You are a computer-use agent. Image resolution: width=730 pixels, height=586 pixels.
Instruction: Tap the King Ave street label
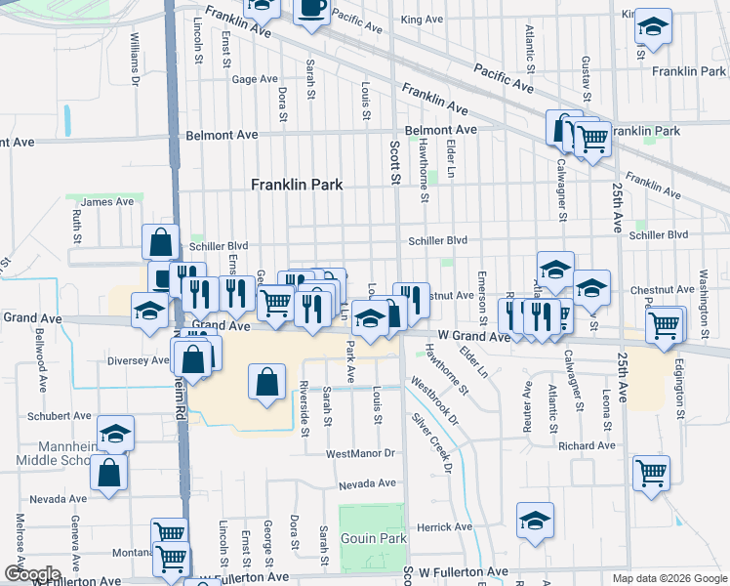tap(422, 20)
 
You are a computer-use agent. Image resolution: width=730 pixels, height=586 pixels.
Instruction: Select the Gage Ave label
tap(256, 80)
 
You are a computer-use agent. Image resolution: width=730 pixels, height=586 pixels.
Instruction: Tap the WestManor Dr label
tap(360, 453)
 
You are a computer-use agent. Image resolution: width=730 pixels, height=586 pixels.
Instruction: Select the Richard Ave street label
tap(594, 445)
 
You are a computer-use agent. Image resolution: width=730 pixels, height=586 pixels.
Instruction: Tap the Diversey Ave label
tap(140, 359)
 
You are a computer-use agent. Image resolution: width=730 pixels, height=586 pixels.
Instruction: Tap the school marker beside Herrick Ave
tap(535, 523)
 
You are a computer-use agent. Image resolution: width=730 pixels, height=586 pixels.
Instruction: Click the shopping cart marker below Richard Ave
tap(651, 473)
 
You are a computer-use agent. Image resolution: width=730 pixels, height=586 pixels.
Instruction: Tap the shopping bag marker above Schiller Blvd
tap(160, 242)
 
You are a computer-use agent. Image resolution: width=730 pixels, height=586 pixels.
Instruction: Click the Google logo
tap(31, 574)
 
